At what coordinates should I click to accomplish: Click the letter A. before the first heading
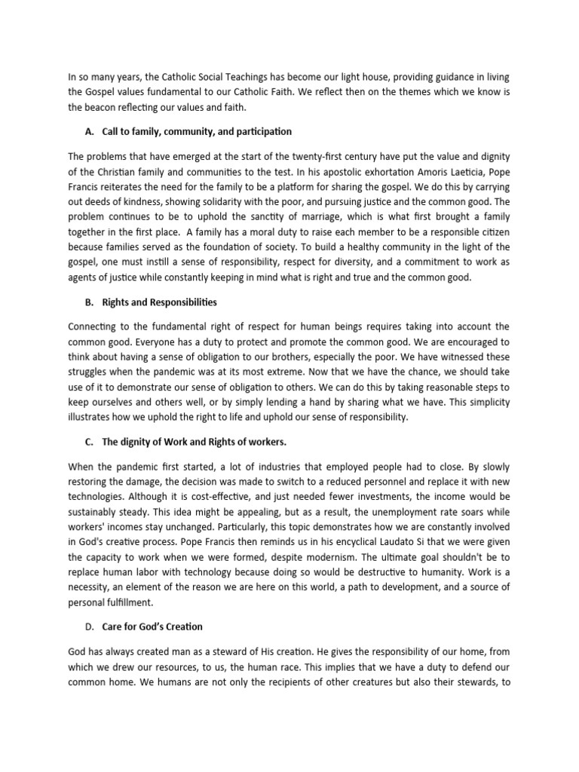tap(90, 132)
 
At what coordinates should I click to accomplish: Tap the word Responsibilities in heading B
tap(177, 302)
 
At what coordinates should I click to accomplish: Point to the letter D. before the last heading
tap(90, 626)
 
